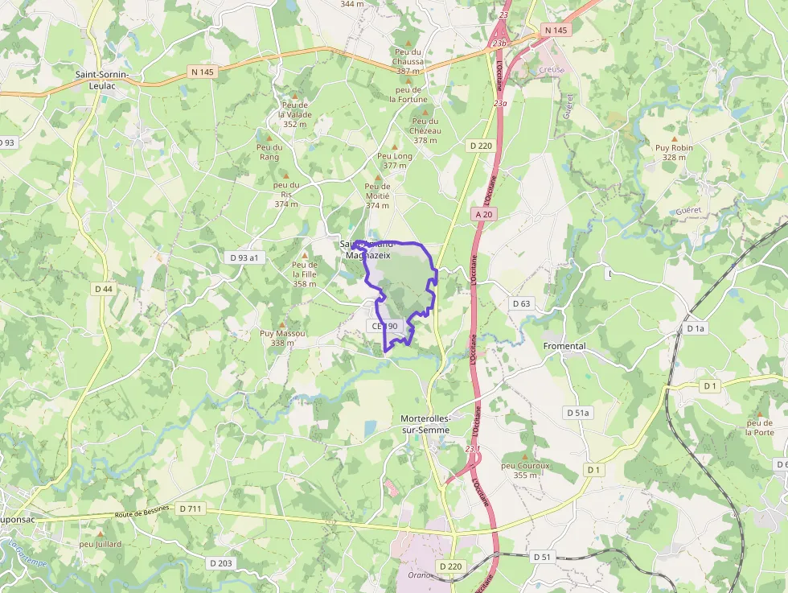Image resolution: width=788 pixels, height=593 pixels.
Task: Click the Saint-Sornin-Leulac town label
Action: pyautogui.click(x=108, y=80)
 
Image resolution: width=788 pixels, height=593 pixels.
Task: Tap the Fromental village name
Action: pyautogui.click(x=565, y=346)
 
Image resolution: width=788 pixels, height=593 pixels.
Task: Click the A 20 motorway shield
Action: pyautogui.click(x=483, y=214)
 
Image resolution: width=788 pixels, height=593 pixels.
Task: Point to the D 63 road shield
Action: pyautogui.click(x=521, y=303)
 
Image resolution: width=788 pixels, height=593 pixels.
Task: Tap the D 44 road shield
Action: pyautogui.click(x=104, y=289)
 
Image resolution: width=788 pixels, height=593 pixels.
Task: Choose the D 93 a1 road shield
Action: pyautogui.click(x=244, y=257)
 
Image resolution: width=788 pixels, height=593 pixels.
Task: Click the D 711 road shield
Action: pyautogui.click(x=192, y=509)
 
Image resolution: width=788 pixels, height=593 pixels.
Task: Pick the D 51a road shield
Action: pyautogui.click(x=577, y=413)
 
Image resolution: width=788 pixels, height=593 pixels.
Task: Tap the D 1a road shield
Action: pyautogui.click(x=696, y=328)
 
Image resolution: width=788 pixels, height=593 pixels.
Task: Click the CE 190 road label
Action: pyautogui.click(x=385, y=326)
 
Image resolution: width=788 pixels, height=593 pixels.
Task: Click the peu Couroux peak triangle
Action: pyautogui.click(x=525, y=456)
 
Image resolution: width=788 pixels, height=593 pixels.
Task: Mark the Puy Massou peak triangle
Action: pyautogui.click(x=281, y=324)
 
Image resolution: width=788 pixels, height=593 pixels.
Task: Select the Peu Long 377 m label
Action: pyautogui.click(x=395, y=160)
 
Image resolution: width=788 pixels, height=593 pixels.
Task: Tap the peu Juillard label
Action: pyautogui.click(x=101, y=544)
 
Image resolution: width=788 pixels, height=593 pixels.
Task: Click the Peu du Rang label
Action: pyautogui.click(x=269, y=151)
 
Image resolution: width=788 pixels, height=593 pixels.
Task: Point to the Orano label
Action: pyautogui.click(x=420, y=574)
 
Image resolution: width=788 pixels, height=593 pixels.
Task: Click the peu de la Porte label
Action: pyautogui.click(x=759, y=427)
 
